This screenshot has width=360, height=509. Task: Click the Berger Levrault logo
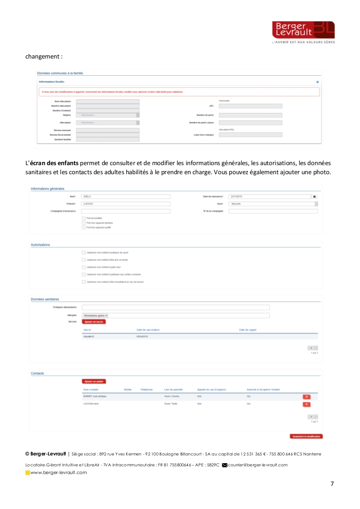pos(303,30)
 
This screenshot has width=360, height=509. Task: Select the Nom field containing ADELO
pos(125,196)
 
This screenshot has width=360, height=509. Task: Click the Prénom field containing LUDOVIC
pos(125,204)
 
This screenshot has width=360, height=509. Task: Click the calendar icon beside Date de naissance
pos(314,196)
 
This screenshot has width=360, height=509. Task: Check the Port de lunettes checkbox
pos(84,218)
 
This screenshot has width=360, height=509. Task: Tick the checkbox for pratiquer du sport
pos(84,253)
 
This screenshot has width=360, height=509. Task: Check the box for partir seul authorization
pos(84,267)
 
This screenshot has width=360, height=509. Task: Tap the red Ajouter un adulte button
pos(94,382)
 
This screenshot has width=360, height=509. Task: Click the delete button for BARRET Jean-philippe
pos(307,397)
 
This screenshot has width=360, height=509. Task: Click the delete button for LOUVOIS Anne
pos(307,404)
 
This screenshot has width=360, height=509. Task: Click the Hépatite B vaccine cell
pos(89,337)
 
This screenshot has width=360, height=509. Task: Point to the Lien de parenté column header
pos(173,390)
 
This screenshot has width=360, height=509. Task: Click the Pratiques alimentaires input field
pos(175,308)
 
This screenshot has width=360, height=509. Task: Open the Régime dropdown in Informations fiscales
pos(108,115)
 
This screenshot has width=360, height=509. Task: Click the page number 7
pos(332,484)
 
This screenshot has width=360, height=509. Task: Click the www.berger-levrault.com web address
pos(59,473)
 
